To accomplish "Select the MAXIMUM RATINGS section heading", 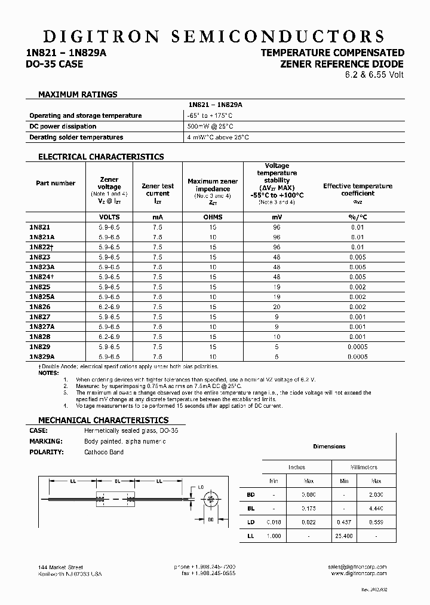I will (78, 94).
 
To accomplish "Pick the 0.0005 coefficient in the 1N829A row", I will (358, 356).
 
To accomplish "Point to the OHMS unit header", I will (213, 217).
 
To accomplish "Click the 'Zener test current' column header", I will (157, 190).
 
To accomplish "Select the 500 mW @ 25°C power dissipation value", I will (210, 127).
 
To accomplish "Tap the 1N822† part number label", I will (41, 247).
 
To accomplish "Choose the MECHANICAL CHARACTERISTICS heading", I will (103, 420).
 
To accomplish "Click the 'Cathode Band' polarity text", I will (104, 452).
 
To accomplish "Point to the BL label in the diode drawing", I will (118, 481).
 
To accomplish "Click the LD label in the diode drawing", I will (201, 487).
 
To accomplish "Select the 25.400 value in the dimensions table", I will (344, 536).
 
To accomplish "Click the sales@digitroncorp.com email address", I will (357, 567).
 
